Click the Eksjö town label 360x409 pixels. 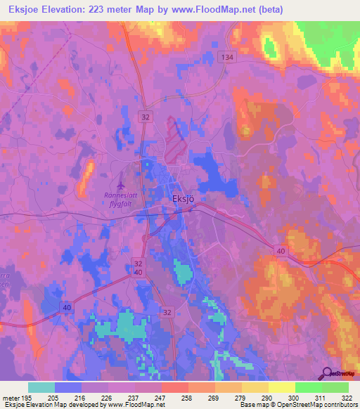[183, 198]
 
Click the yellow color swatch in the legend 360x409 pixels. [281, 387]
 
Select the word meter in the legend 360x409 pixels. [10, 398]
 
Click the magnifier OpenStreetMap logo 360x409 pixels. [326, 372]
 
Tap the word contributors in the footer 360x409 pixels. [340, 405]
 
